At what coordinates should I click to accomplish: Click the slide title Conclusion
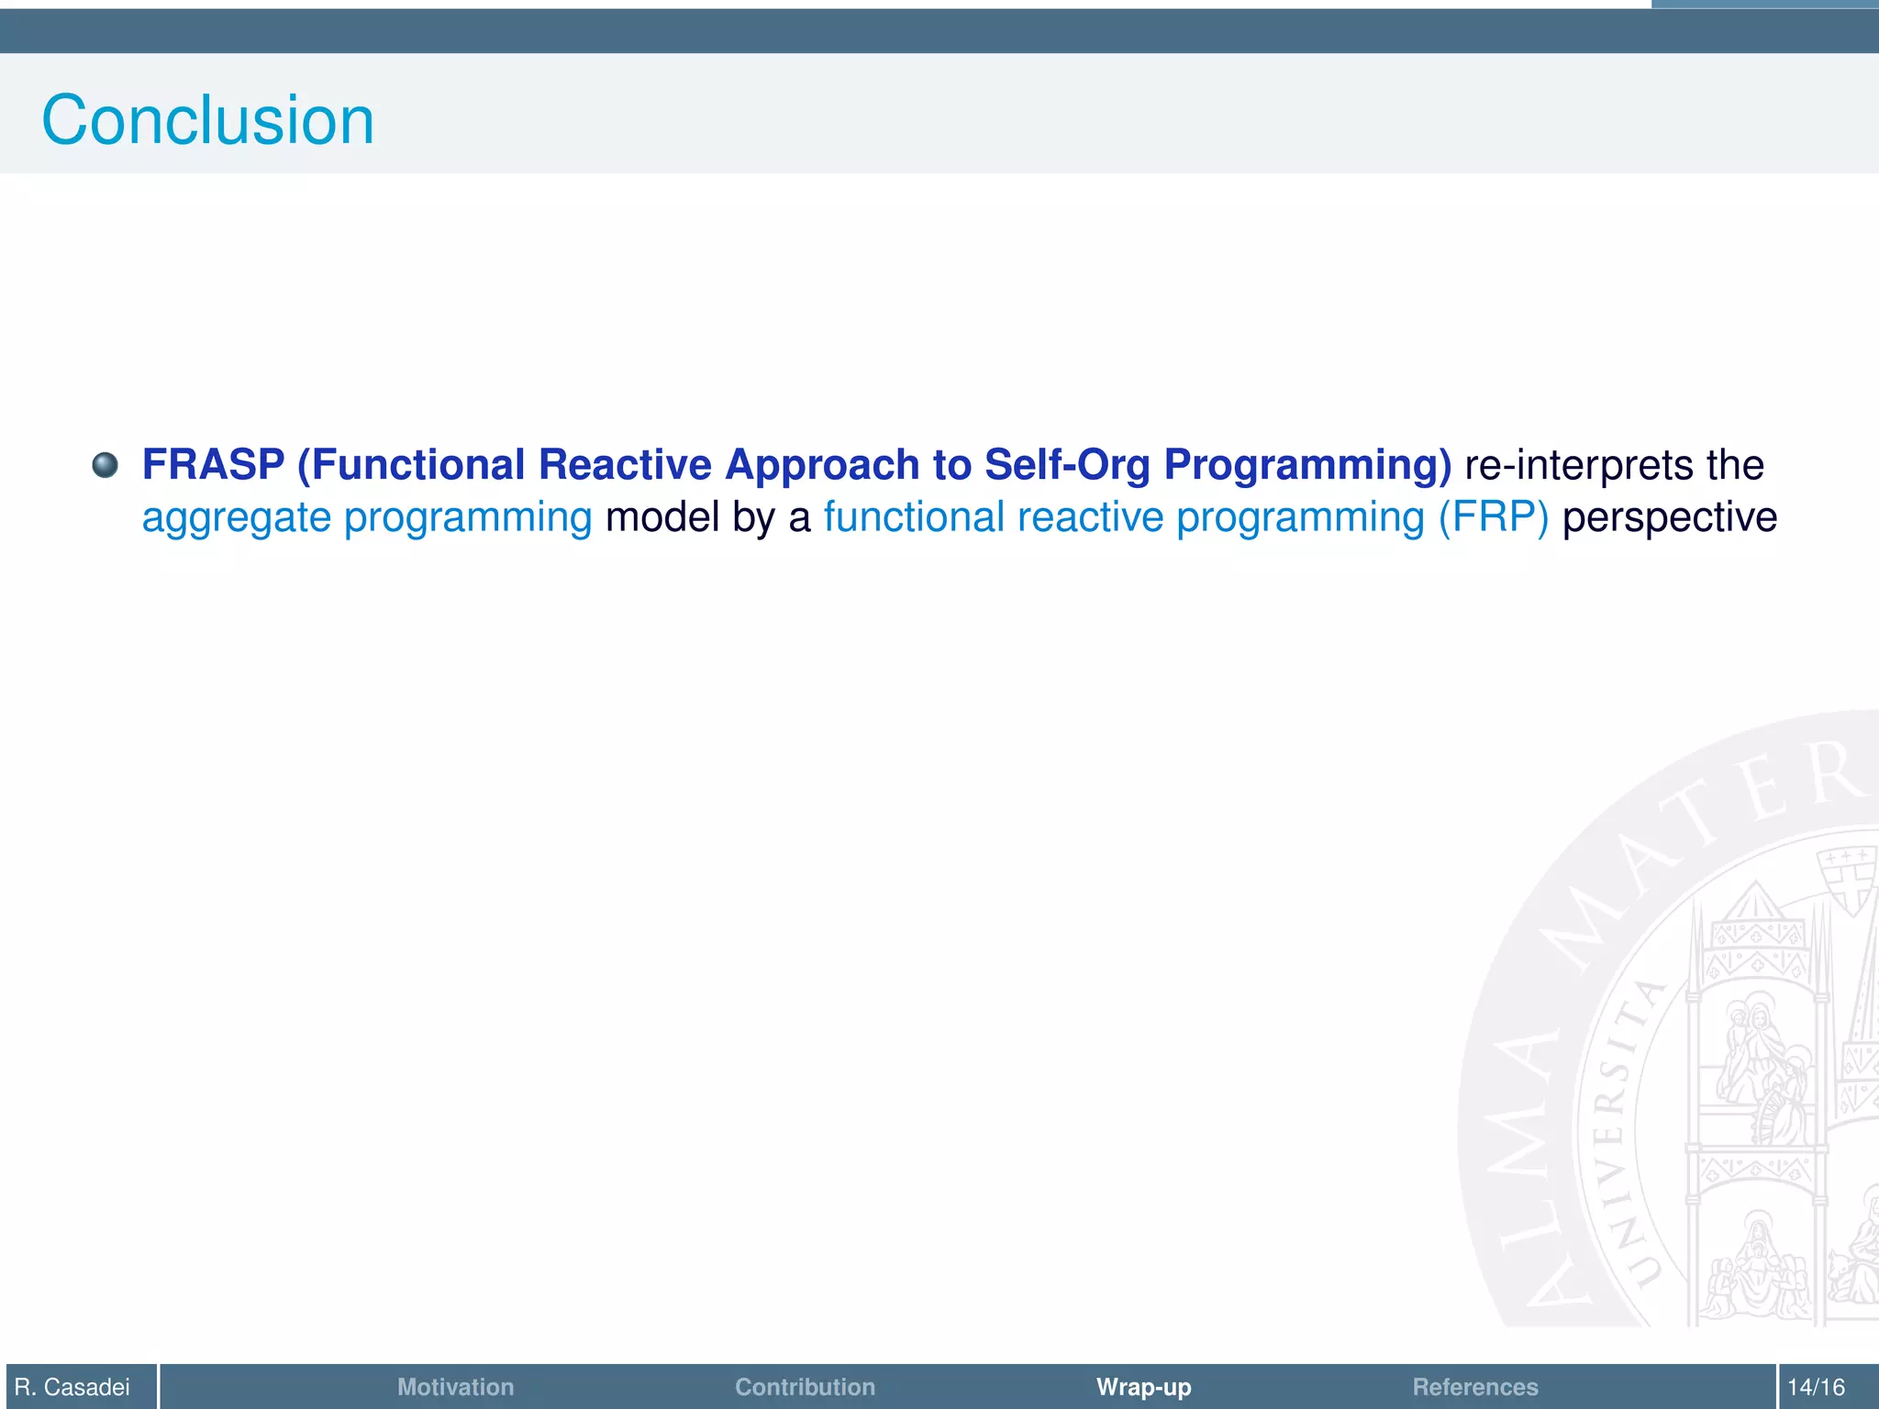pos(207,120)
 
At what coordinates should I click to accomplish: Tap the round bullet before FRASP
pos(106,465)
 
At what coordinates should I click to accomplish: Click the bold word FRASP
pos(213,464)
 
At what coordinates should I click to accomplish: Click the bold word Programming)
pos(1307,466)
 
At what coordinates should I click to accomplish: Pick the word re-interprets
pos(1579,464)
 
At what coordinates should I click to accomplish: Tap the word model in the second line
pos(662,517)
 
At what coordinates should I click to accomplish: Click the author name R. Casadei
pos(72,1386)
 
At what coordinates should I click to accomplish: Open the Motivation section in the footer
pos(455,1386)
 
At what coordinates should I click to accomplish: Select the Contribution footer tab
pos(805,1386)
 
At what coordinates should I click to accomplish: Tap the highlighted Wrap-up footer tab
pos(1143,1386)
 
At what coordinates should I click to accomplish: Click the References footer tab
pos(1474,1386)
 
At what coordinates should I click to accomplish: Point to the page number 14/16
pos(1816,1386)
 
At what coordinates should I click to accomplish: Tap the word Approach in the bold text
pos(822,466)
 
